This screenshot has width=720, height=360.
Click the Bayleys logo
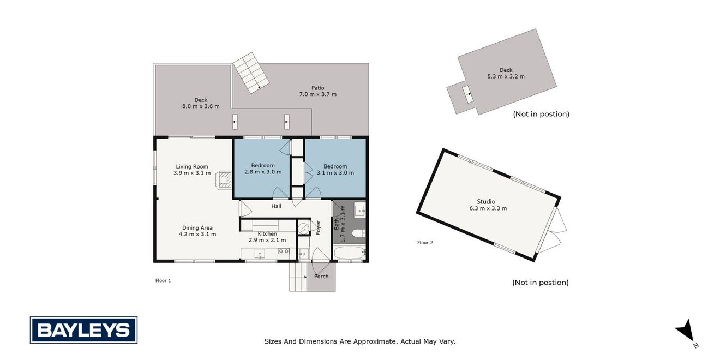point(83,330)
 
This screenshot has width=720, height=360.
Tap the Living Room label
point(192,166)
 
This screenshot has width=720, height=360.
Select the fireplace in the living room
point(224,179)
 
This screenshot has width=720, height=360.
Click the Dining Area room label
point(197,227)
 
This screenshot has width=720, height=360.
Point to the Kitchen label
point(267,233)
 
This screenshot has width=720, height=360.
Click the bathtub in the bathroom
point(350,253)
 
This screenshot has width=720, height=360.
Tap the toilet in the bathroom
point(359,232)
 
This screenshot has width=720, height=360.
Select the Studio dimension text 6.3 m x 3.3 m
point(488,208)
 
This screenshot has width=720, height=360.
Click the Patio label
point(317,88)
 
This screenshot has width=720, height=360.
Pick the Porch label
point(321,276)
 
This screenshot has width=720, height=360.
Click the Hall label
point(276,206)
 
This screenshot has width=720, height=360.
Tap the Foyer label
point(318,227)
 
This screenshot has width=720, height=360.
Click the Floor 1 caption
point(163,280)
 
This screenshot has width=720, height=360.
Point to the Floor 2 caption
point(425,243)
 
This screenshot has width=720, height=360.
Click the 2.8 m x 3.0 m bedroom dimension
point(263,172)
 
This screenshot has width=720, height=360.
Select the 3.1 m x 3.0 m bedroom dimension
point(335,172)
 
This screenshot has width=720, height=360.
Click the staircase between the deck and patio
point(251,73)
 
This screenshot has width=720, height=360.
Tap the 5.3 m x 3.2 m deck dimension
point(506,76)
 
